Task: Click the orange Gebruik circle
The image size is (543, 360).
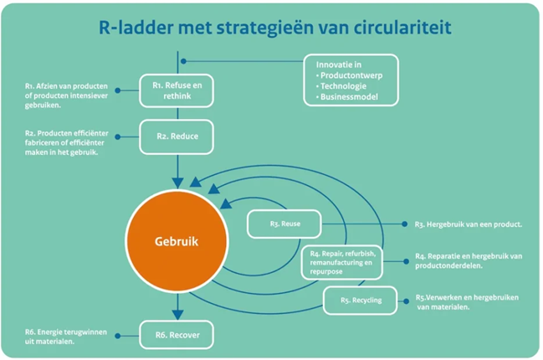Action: pyautogui.click(x=177, y=241)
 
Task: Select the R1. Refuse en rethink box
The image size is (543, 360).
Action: pyautogui.click(x=177, y=90)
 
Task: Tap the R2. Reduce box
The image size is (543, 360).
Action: pyautogui.click(x=177, y=136)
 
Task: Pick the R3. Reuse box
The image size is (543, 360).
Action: pyautogui.click(x=284, y=224)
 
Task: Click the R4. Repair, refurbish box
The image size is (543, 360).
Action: pyautogui.click(x=342, y=262)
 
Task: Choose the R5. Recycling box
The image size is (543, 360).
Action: pyautogui.click(x=360, y=301)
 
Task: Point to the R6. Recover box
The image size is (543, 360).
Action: pyautogui.click(x=177, y=335)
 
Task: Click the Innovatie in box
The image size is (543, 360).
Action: pyautogui.click(x=351, y=80)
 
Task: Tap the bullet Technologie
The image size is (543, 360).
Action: pyautogui.click(x=341, y=86)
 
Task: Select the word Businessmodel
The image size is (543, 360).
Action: pyautogui.click(x=349, y=96)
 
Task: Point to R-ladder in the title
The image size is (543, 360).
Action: pyautogui.click(x=136, y=28)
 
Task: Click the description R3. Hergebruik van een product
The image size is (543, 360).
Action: pyautogui.click(x=469, y=224)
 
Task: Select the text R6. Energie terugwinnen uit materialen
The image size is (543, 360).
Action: pyautogui.click(x=66, y=337)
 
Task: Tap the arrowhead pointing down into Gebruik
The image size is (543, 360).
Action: pyautogui.click(x=177, y=183)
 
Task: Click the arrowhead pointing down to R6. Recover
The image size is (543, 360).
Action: pyautogui.click(x=177, y=315)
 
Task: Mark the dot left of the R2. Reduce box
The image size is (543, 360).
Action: pyautogui.click(x=118, y=136)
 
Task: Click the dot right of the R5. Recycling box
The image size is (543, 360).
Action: pyautogui.click(x=407, y=301)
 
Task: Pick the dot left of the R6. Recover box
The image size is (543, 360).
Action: pyautogui.click(x=118, y=336)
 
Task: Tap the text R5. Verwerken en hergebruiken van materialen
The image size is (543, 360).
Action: pyautogui.click(x=467, y=302)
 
